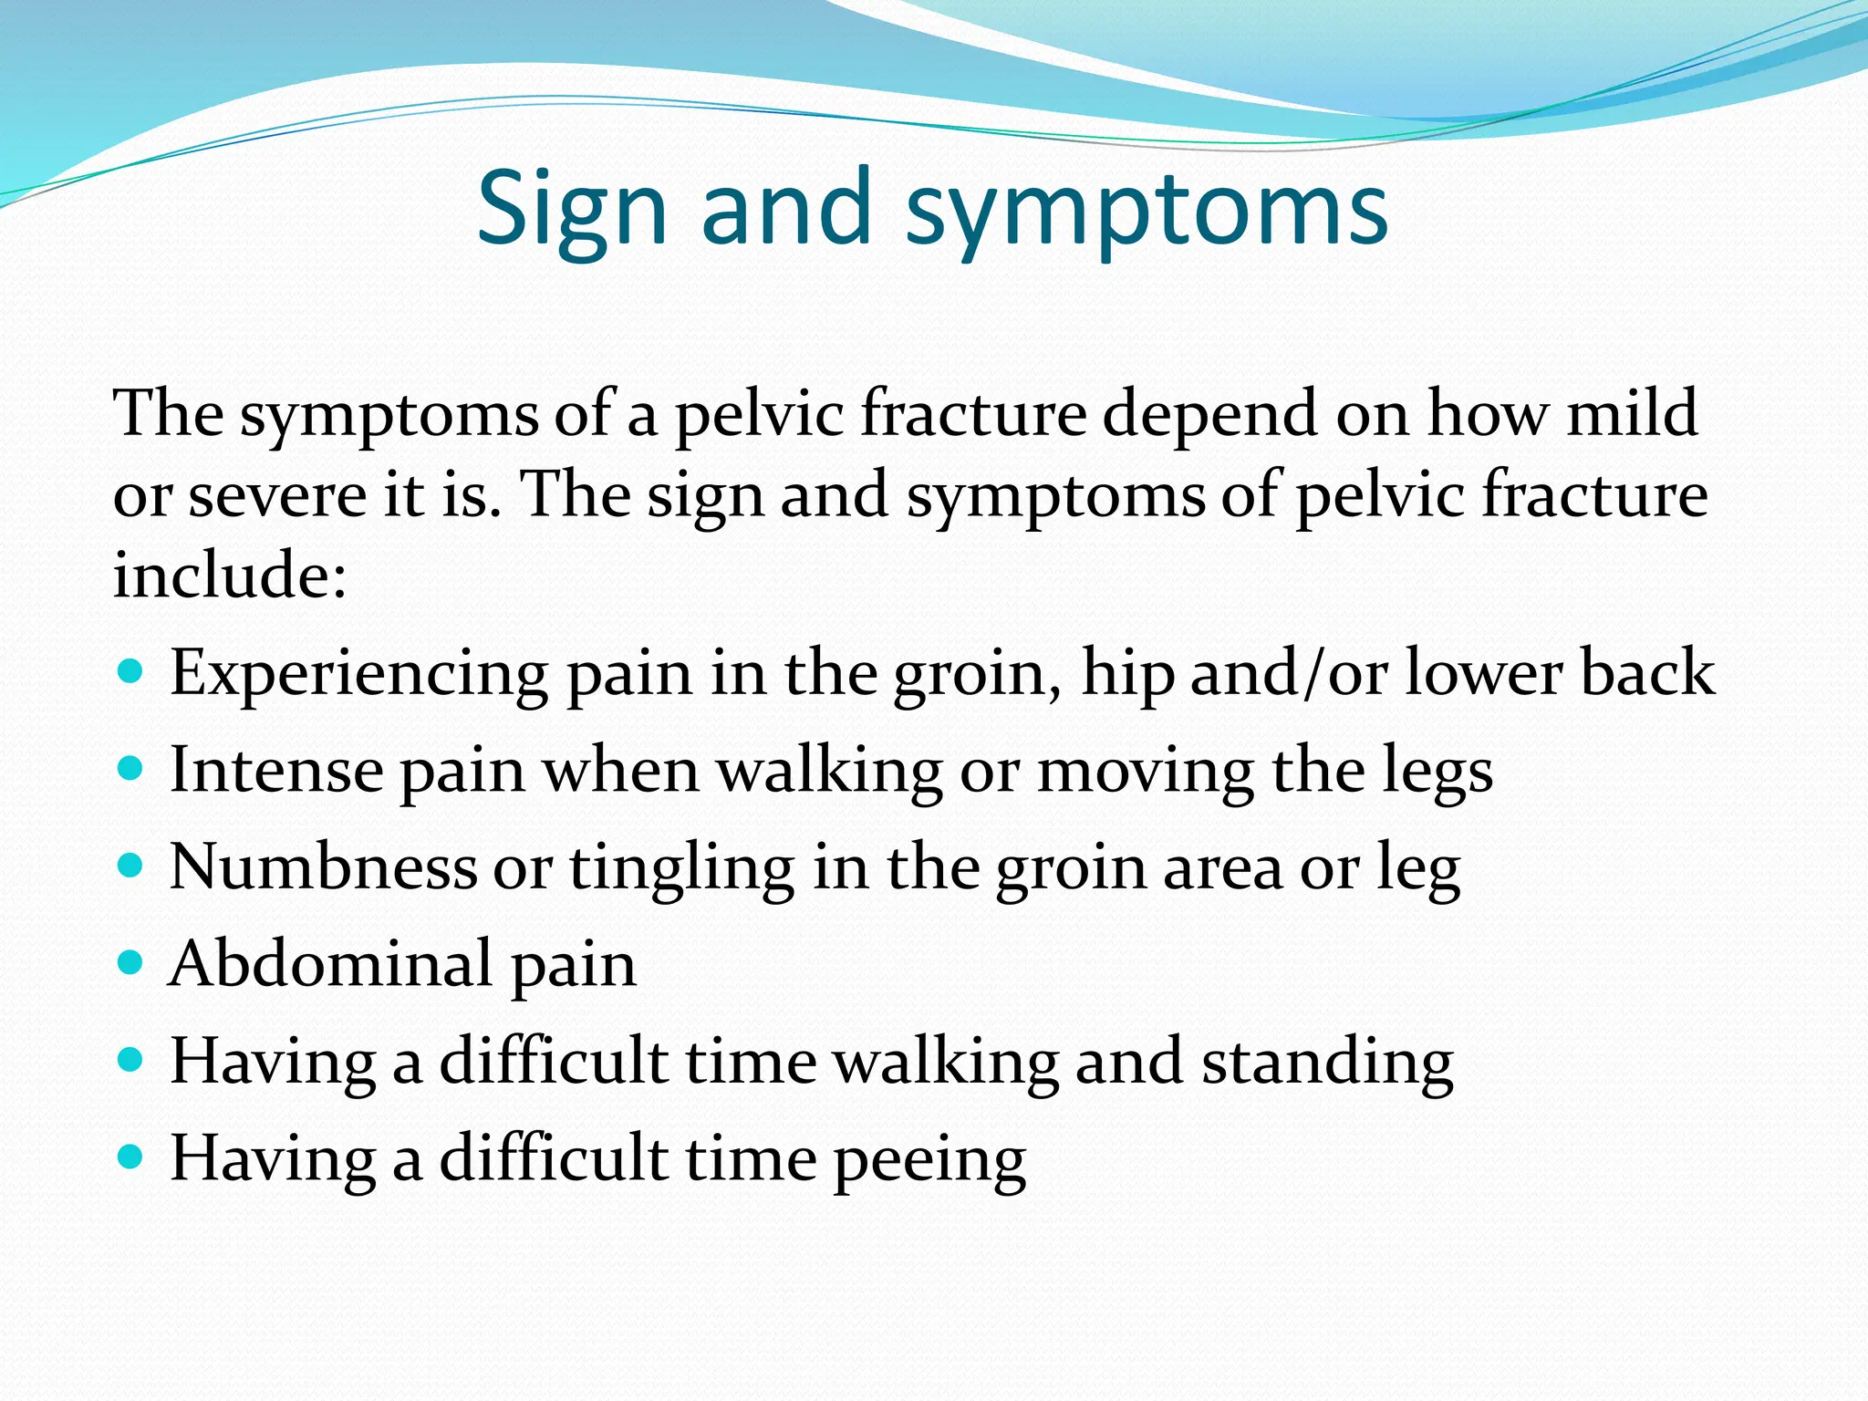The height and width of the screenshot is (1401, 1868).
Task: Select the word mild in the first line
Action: (1632, 414)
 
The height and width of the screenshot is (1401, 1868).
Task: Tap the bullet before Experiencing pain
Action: (131, 673)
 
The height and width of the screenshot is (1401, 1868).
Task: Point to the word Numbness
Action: (323, 867)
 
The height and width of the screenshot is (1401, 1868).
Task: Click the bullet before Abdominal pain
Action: (131, 962)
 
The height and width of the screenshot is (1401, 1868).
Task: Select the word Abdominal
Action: (330, 964)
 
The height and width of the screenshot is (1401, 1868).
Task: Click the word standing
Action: (1327, 1064)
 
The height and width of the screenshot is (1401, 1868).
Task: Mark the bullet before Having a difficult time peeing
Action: (131, 1157)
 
